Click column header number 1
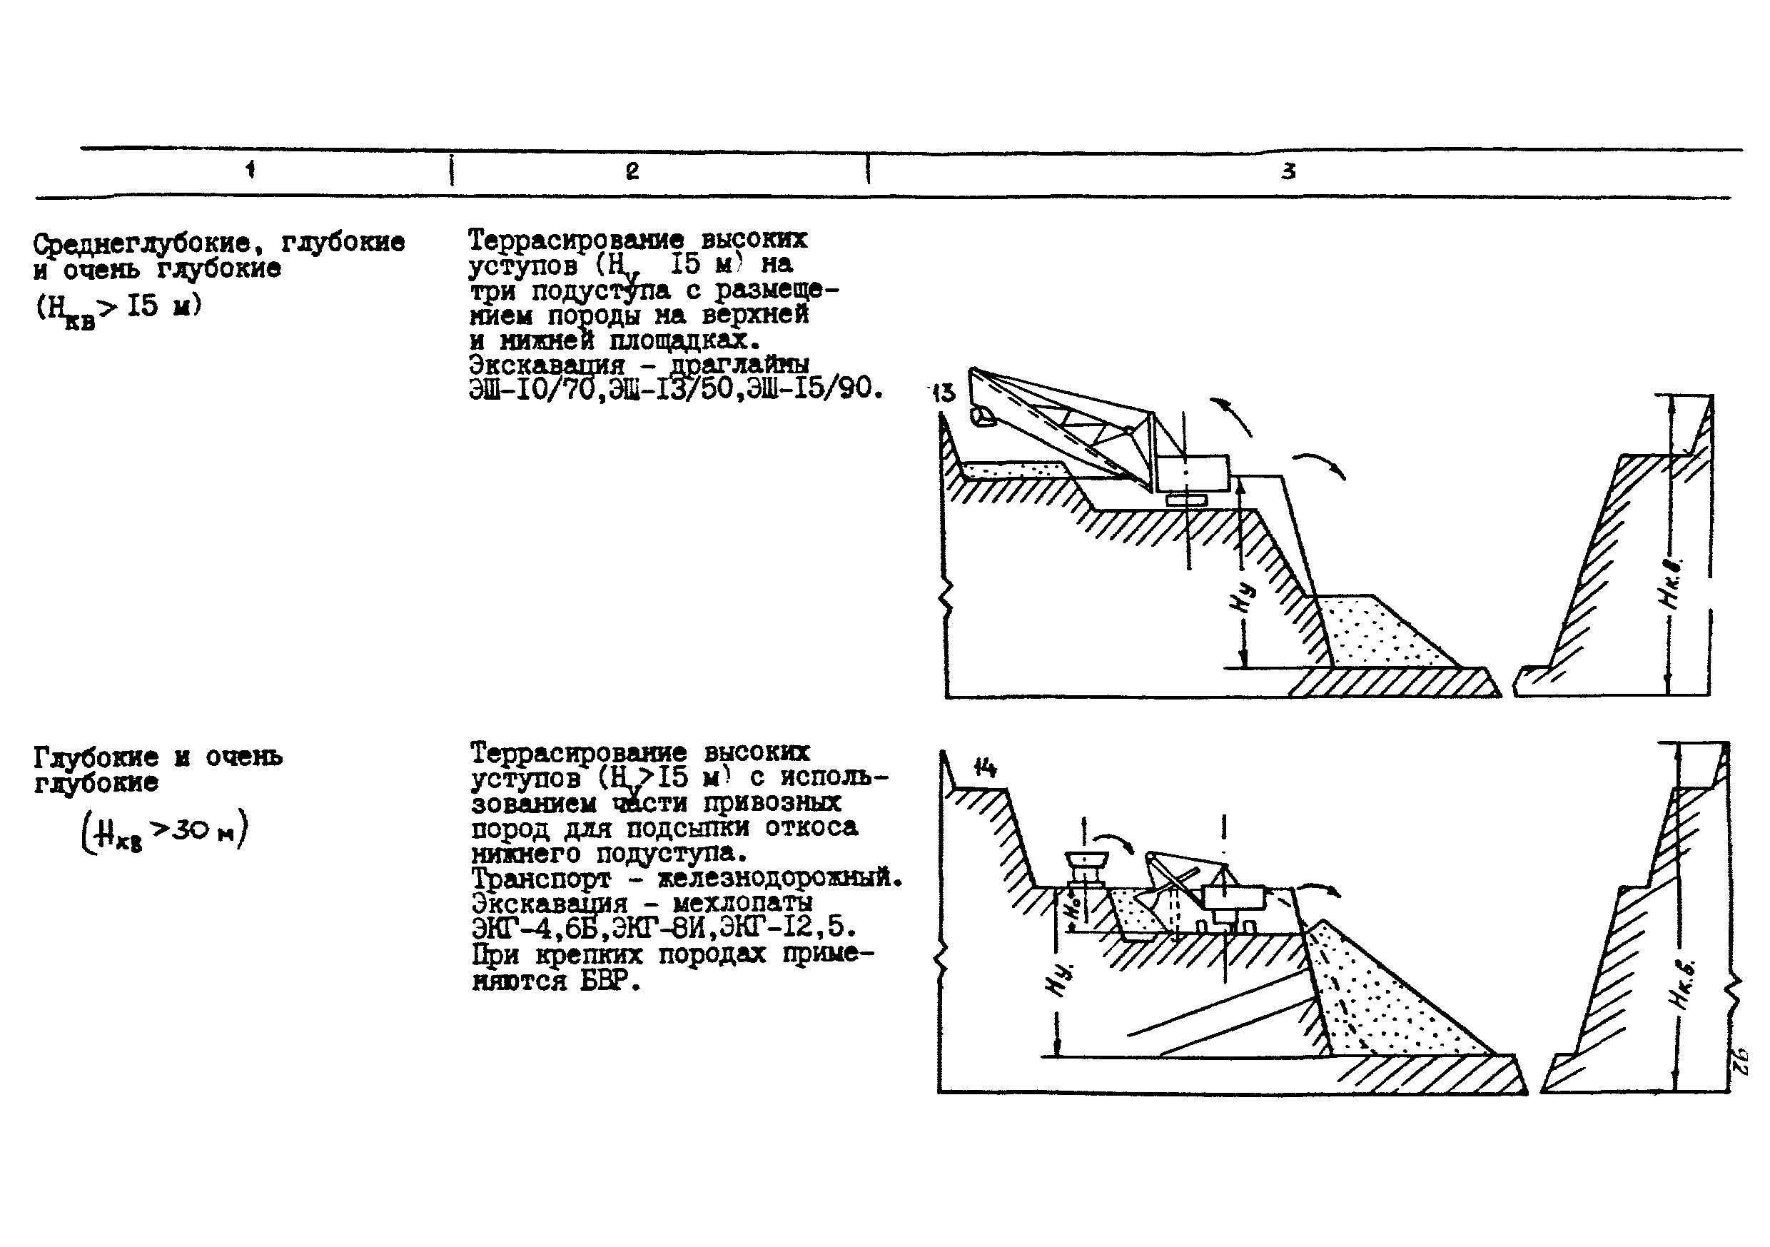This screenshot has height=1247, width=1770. (x=251, y=170)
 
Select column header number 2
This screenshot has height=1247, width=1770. (x=632, y=171)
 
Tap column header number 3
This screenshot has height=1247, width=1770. (x=1288, y=171)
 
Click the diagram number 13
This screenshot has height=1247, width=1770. (x=943, y=393)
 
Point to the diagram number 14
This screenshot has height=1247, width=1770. (x=984, y=767)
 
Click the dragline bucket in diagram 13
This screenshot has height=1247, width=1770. (x=982, y=417)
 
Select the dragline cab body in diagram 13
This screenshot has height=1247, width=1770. (x=1193, y=472)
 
